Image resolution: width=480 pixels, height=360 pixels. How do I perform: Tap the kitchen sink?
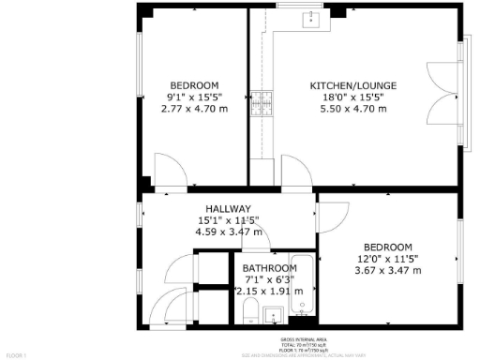coord(309,19)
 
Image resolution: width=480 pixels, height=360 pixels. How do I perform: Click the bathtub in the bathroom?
coord(301,284)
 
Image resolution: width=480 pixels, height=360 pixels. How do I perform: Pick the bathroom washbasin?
coord(274,314)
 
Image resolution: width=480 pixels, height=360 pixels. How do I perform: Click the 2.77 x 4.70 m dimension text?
coord(194,108)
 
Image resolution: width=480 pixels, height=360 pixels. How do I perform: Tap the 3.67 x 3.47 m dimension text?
coord(388,270)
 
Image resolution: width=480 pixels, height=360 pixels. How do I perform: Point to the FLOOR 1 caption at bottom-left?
coord(16,355)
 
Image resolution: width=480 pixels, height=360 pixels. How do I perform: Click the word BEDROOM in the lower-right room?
coord(388,247)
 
